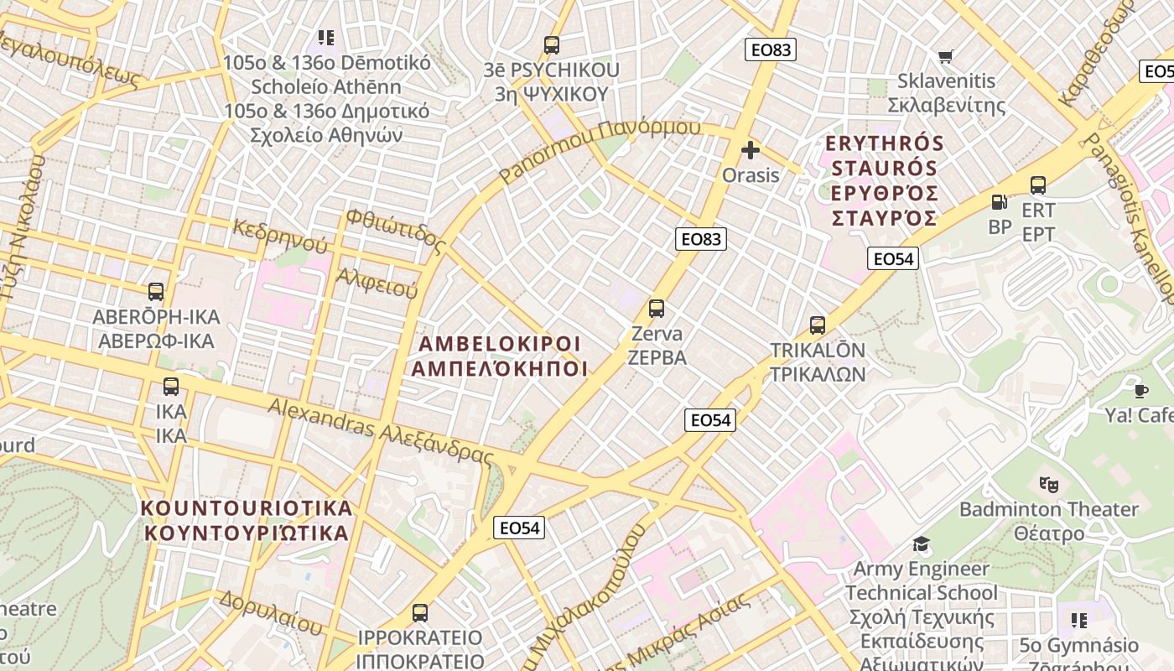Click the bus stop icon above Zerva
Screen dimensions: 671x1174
click(x=657, y=309)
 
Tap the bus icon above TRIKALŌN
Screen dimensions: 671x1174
click(x=818, y=325)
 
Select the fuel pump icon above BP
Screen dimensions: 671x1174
click(x=999, y=202)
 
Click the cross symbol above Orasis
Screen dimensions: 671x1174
click(x=751, y=151)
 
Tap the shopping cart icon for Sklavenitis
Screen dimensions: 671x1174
click(x=946, y=56)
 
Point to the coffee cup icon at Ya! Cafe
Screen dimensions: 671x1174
click(x=1140, y=390)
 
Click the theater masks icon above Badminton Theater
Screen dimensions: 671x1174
click(x=1048, y=484)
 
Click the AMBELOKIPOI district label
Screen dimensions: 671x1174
click(x=500, y=356)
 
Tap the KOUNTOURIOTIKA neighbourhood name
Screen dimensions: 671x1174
click(x=247, y=520)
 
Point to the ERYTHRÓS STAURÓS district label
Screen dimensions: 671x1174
click(x=885, y=180)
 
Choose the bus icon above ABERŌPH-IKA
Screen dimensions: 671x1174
click(x=156, y=292)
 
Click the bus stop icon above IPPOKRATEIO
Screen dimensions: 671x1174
click(x=420, y=612)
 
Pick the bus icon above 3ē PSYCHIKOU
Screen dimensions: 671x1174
click(x=551, y=45)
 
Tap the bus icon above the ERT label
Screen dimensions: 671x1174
click(x=1037, y=185)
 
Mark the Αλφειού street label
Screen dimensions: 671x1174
click(x=377, y=283)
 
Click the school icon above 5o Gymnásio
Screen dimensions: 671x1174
click(x=1078, y=621)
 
